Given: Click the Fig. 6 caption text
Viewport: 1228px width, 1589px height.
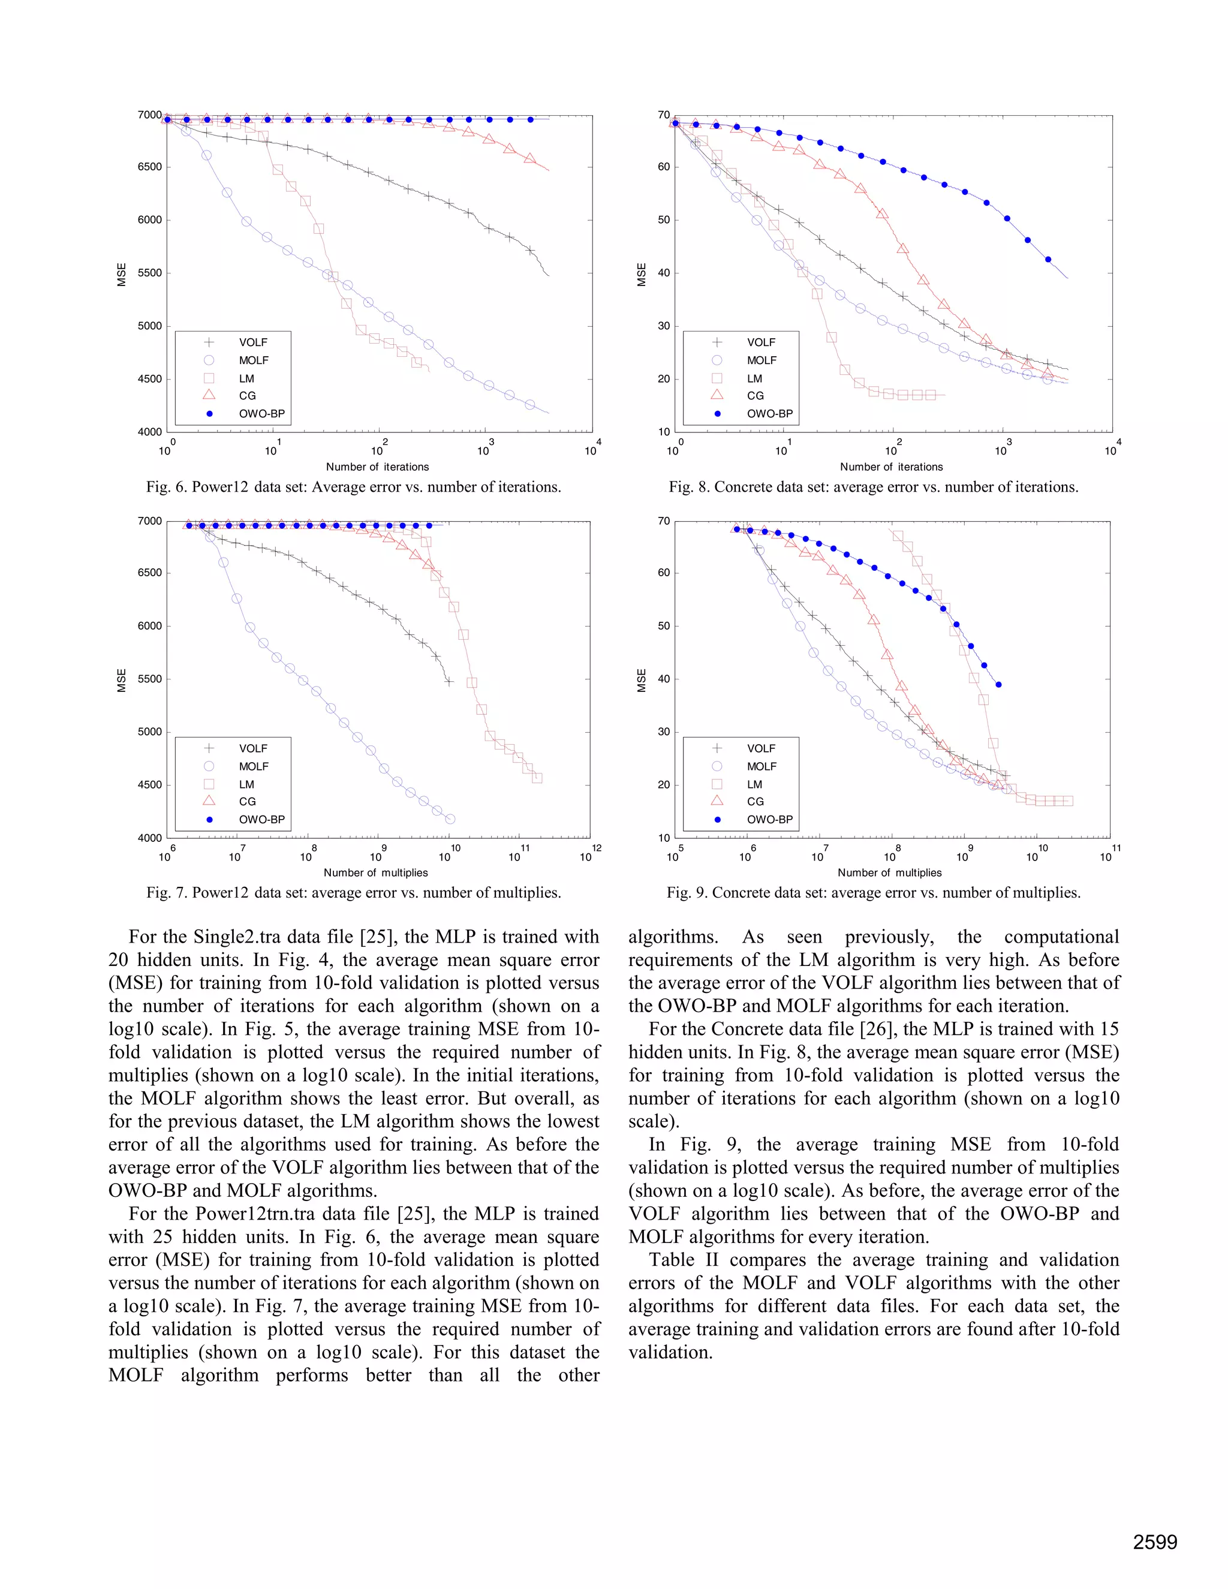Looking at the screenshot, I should click(x=354, y=487).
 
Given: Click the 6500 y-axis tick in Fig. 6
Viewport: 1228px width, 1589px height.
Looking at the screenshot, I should click(x=150, y=167).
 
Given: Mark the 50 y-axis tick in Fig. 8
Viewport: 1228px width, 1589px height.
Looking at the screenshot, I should click(x=664, y=219).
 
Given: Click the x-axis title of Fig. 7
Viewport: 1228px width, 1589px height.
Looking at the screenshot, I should click(x=375, y=872).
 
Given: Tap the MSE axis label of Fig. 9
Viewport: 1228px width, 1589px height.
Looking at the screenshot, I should click(x=642, y=679).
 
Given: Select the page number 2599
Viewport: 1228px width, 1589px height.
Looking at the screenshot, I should click(x=1154, y=1542).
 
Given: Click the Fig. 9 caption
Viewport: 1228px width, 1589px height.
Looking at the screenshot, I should click(x=873, y=893).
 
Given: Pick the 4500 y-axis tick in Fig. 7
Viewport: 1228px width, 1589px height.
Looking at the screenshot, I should click(x=150, y=785).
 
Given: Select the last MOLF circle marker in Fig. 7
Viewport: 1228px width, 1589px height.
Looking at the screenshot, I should click(x=450, y=819).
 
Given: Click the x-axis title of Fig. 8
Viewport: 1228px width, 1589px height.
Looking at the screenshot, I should click(x=891, y=467).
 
